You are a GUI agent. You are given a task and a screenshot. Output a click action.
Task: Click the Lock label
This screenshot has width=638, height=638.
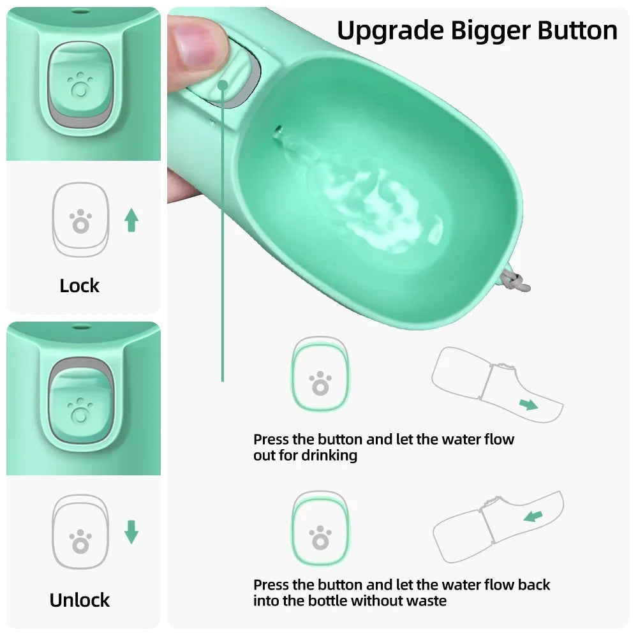[80, 285]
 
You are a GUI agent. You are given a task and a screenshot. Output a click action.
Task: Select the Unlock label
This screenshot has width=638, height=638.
[80, 600]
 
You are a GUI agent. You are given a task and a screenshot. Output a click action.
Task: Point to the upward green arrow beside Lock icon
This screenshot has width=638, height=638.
[132, 219]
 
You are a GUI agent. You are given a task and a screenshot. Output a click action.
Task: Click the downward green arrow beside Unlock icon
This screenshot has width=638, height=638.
[131, 532]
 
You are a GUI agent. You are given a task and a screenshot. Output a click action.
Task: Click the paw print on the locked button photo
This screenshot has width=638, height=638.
[79, 84]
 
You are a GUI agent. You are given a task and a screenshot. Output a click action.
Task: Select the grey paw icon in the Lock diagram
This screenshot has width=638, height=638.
[80, 222]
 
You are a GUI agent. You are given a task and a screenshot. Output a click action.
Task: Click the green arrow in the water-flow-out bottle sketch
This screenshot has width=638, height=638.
[528, 403]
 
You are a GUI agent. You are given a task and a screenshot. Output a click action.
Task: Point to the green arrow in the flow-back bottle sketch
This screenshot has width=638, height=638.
[533, 515]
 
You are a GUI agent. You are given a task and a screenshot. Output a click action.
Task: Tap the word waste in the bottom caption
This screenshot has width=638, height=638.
[426, 600]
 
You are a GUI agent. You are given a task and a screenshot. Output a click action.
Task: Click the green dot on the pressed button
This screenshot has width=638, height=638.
[223, 84]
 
